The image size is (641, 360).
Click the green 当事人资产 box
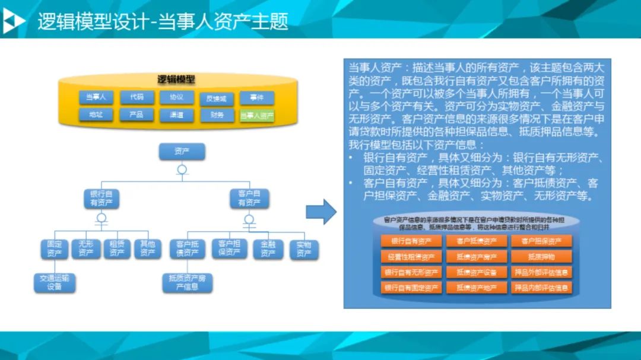[x=257, y=115]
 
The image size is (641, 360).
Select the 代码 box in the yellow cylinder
[x=137, y=97]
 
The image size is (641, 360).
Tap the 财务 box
[x=217, y=115]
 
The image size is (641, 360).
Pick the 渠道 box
[x=176, y=115]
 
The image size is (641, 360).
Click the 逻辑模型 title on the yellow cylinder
[x=176, y=79]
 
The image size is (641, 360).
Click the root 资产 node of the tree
[x=182, y=152]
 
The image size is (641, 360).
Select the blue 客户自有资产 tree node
[x=249, y=198]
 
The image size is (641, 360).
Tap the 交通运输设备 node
[x=55, y=283]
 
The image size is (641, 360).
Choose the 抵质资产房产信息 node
[x=187, y=282]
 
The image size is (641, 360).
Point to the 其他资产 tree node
[x=147, y=249]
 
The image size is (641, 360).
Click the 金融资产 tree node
[x=268, y=249]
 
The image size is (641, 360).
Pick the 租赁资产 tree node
[x=117, y=249]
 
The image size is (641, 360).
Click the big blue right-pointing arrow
[x=320, y=212]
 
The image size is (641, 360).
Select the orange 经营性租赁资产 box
[x=411, y=257]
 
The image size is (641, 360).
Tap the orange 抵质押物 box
[x=541, y=257]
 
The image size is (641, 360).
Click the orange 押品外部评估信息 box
[x=541, y=272]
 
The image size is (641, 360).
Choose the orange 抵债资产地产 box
[x=476, y=288]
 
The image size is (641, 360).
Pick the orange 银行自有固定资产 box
[x=411, y=288]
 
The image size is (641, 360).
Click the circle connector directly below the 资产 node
[x=182, y=170]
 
